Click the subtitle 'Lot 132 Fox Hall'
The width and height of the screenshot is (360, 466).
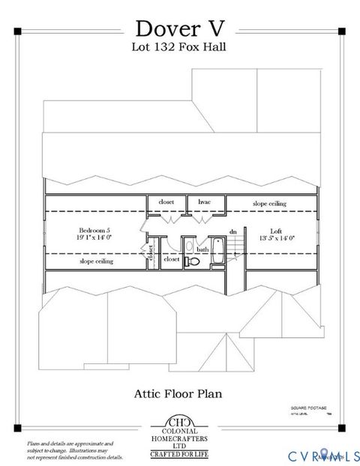coord(180,46)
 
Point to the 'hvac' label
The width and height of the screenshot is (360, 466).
coord(204,202)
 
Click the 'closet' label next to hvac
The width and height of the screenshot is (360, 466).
coord(166,202)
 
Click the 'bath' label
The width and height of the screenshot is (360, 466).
coord(202,249)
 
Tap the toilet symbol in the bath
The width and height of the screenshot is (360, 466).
coord(193,261)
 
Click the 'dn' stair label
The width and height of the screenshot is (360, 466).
coord(233,232)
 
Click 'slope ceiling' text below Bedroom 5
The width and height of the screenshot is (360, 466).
coord(97,261)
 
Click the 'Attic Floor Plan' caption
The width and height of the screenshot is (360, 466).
coord(180,391)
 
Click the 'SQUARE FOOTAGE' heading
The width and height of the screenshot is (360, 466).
coord(307,408)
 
